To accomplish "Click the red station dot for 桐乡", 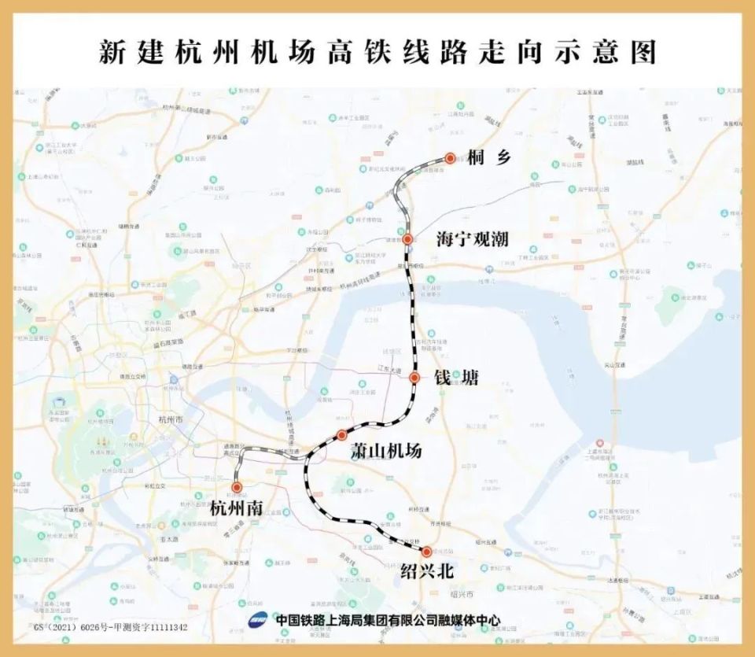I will [x=450, y=158].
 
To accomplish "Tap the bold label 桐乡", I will [x=488, y=158].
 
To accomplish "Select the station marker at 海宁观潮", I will [x=407, y=238].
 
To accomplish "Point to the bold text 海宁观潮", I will [x=473, y=239].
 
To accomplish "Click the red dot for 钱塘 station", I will [x=414, y=378].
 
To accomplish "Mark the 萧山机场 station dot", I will [x=341, y=435].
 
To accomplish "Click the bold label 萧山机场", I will [x=385, y=451].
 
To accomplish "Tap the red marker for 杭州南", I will [x=237, y=488].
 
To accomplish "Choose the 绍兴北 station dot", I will [x=427, y=552].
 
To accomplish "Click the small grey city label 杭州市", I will [x=170, y=421].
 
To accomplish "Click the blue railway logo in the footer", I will [x=260, y=619].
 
